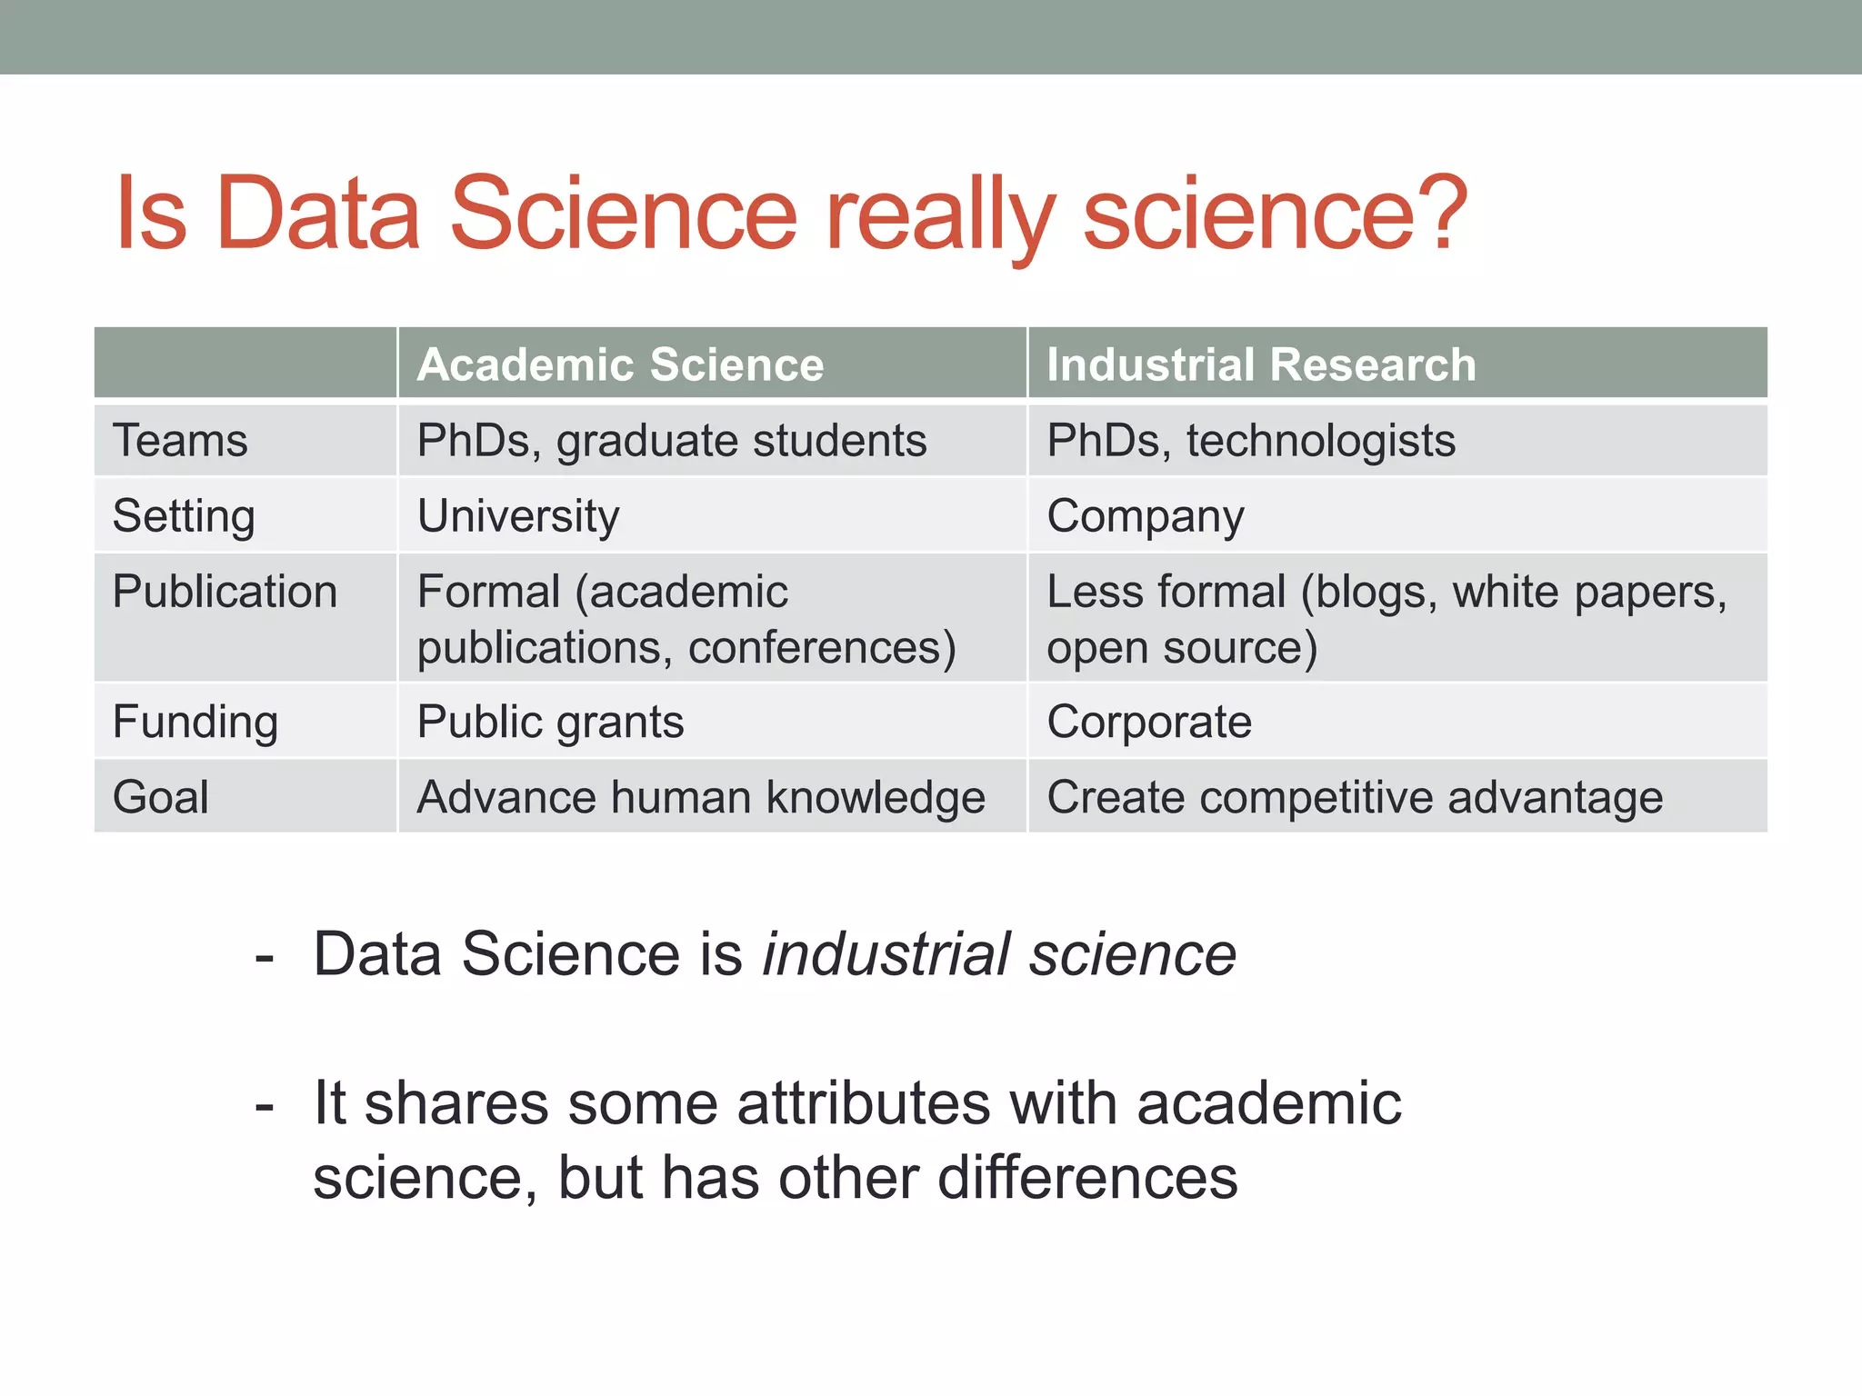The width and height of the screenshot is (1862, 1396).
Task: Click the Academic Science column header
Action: point(620,365)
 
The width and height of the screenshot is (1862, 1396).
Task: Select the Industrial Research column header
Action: point(1261,365)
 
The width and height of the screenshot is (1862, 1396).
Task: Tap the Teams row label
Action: point(180,442)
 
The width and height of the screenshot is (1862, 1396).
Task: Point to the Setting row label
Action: point(184,517)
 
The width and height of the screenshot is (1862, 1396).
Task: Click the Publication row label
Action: point(225,593)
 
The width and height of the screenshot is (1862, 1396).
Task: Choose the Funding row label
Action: point(195,723)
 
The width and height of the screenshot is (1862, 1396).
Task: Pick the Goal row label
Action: point(161,798)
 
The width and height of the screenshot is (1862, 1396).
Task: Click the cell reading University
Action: point(518,517)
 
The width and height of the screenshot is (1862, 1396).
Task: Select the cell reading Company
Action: point(1145,517)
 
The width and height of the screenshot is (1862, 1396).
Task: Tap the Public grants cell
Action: point(550,723)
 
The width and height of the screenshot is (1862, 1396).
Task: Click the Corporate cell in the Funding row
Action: point(1149,723)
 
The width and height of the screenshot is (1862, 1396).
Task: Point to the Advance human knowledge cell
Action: point(701,798)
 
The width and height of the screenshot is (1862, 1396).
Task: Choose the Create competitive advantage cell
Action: point(1355,798)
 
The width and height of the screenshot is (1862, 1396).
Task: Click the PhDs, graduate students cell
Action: point(672,442)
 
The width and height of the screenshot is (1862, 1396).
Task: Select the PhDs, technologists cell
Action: point(1251,442)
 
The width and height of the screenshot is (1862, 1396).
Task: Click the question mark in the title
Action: point(1441,213)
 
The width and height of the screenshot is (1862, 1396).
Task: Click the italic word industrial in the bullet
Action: point(886,954)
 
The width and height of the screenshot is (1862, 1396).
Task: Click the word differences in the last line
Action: point(1087,1178)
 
